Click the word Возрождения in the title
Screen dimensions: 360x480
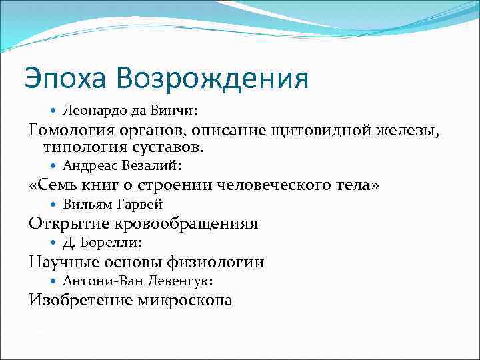click(x=212, y=79)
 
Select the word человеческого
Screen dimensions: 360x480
click(x=282, y=185)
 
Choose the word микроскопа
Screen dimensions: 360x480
click(x=185, y=301)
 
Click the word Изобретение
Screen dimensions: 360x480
click(x=80, y=301)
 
